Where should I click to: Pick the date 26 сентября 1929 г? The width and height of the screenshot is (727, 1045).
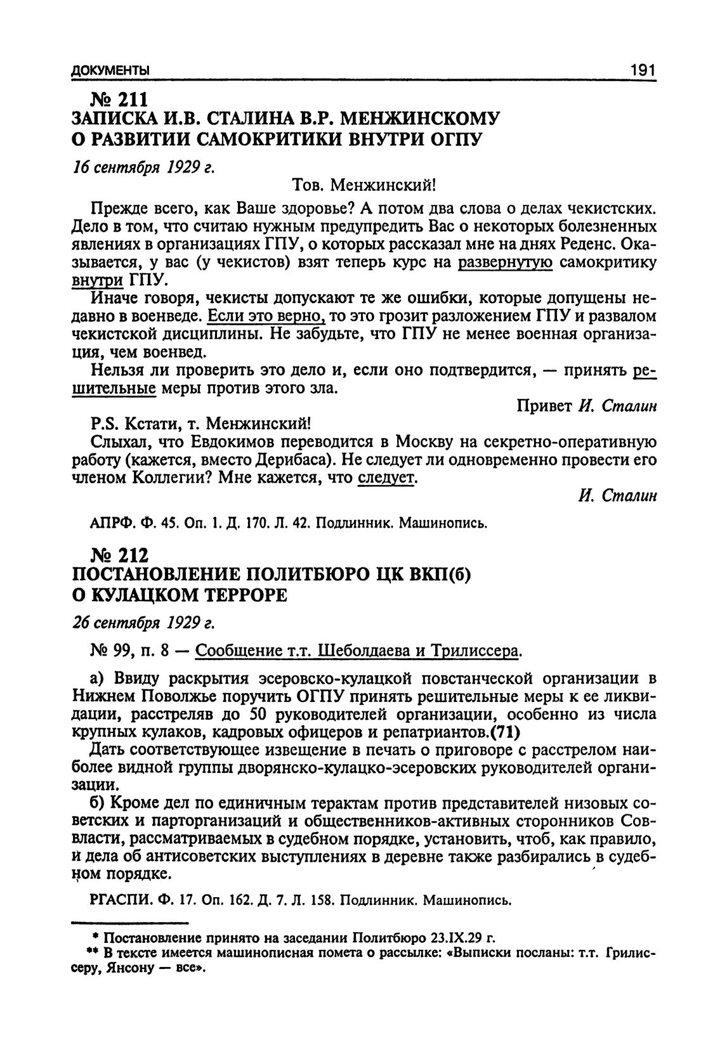pos(142,623)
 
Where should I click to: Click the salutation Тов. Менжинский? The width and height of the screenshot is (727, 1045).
pos(364,185)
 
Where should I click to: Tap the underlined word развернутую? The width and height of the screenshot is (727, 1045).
pos(506,263)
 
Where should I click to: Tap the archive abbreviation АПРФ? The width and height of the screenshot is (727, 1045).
pos(112,524)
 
